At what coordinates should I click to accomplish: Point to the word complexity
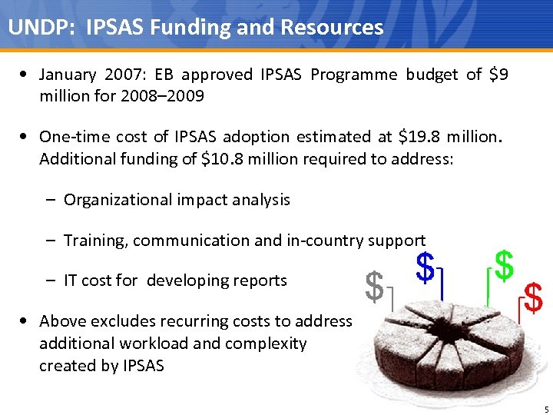pos(266,344)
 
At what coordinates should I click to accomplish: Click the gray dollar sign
pos(374,287)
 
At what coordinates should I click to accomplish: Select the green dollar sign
pos(504,264)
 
